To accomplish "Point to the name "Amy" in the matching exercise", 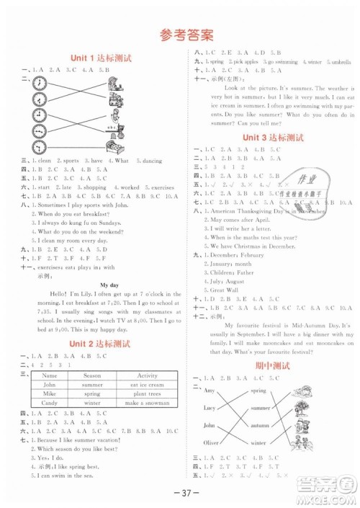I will click(x=210, y=390).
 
